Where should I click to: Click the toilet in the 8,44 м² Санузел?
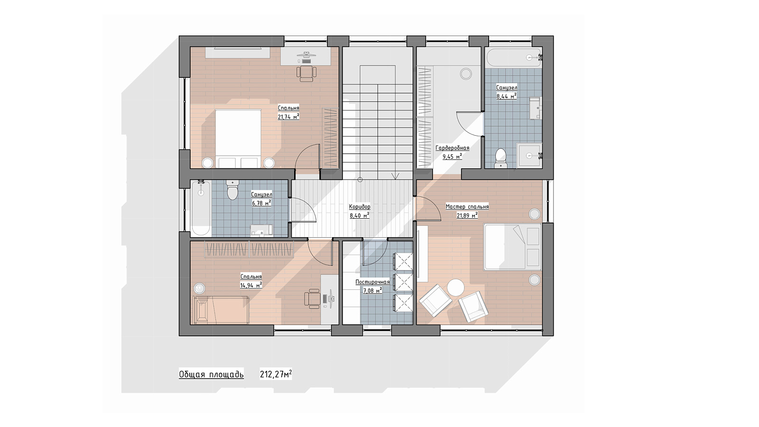500,158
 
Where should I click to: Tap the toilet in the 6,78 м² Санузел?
232,190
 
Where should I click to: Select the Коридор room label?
360,207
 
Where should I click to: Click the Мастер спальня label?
467,207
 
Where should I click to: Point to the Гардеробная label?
453,148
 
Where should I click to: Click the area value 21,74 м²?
288,117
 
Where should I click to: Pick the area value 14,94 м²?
251,285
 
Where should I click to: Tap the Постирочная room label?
372,282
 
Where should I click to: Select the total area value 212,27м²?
276,374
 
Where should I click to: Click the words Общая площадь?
211,374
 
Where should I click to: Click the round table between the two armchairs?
455,288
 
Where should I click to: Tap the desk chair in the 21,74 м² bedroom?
306,74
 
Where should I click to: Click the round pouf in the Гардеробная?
466,74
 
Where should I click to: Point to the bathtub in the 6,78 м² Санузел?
201,208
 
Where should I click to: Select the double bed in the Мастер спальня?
512,247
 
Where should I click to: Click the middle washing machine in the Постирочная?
403,282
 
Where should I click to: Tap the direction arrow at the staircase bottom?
395,176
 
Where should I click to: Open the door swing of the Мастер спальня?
432,204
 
